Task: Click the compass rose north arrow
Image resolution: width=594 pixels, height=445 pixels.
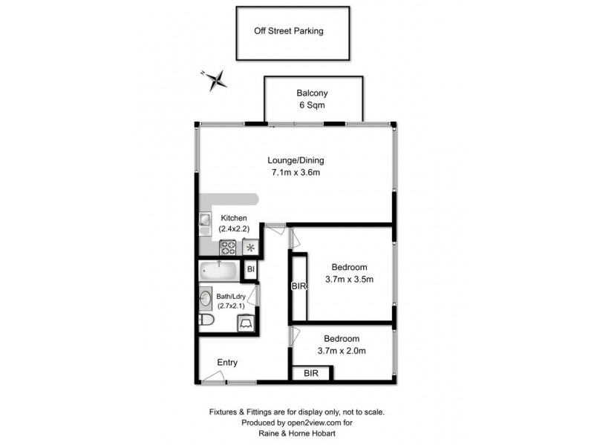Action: point(215,79)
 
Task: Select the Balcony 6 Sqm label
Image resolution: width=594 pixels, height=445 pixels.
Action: point(313,99)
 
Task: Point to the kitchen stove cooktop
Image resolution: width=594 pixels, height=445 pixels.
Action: point(228,247)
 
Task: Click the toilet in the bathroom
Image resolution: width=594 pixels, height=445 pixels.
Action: point(208,320)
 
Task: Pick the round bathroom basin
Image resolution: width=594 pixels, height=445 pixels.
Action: point(206,299)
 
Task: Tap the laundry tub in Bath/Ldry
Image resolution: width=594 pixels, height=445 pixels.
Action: point(247,323)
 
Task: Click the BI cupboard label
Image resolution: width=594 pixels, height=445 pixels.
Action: point(251,269)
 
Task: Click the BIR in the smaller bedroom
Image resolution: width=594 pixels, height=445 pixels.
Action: point(311,375)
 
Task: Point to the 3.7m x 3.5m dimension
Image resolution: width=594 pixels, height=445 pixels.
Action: point(348,280)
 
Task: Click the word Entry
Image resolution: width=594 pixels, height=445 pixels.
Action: point(227,362)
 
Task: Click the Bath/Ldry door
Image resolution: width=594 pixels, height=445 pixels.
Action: point(253,297)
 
